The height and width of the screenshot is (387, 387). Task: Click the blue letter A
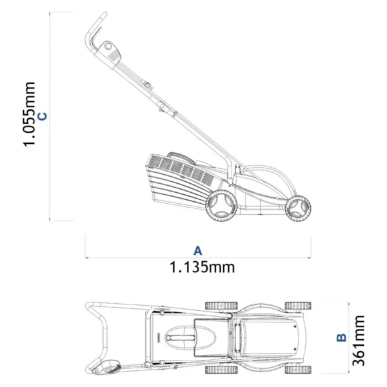coord(198,250)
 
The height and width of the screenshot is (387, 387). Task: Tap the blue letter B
coord(341,337)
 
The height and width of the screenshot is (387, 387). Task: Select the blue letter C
coord(43,116)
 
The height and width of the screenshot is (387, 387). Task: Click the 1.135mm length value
coord(202,267)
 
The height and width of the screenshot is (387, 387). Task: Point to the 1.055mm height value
coord(29,114)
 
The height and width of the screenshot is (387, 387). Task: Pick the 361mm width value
coord(359,340)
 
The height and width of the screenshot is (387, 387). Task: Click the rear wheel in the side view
coord(221,205)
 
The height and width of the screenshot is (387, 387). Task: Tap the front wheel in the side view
coord(298,208)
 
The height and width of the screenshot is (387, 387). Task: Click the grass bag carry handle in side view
coord(182,157)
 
